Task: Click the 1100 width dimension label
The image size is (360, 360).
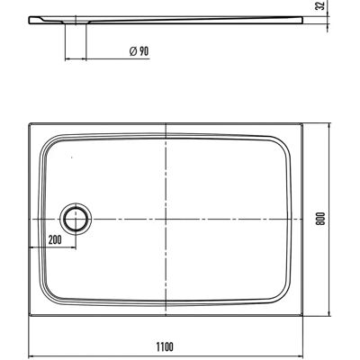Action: click(165, 346)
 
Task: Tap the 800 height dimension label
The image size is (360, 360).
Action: click(320, 219)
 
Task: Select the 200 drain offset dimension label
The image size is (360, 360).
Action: click(55, 239)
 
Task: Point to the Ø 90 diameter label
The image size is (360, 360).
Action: click(139, 51)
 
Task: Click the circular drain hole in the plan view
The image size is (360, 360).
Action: click(76, 219)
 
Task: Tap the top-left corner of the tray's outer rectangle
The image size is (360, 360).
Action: click(29, 123)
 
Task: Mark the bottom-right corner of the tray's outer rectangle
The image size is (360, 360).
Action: click(302, 315)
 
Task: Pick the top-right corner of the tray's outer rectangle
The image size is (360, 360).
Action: click(302, 123)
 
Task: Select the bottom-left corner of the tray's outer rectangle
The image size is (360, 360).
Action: click(29, 315)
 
